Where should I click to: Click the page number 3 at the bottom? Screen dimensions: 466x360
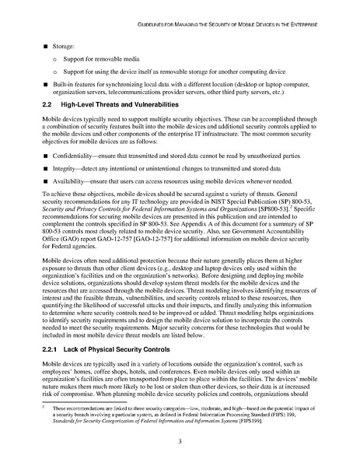[x=180, y=440]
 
